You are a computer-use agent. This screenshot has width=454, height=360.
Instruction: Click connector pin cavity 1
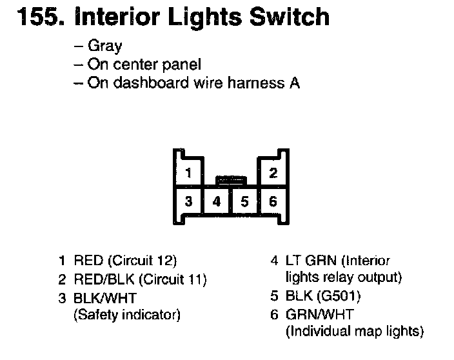click(x=188, y=173)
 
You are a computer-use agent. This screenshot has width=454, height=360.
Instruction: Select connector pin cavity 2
click(x=273, y=173)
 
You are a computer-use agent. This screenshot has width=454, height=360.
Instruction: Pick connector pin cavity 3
click(x=188, y=201)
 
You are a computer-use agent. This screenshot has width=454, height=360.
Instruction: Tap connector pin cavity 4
click(x=217, y=201)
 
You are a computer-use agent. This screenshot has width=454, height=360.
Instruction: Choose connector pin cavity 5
click(x=244, y=201)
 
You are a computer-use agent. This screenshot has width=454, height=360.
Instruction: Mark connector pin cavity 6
click(x=273, y=201)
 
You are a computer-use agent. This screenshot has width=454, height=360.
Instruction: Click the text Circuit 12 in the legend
click(x=143, y=261)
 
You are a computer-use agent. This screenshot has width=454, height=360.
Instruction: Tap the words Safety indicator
click(x=127, y=315)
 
